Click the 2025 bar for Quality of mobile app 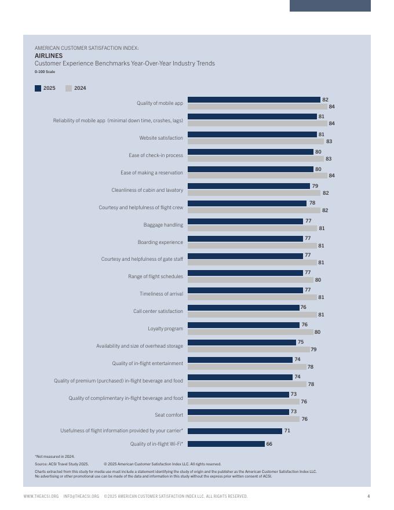(254, 100)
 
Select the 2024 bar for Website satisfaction (256, 141)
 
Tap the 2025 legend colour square (38, 89)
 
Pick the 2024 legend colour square (68, 89)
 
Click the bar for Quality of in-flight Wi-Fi (226, 444)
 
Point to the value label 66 (269, 444)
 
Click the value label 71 (287, 431)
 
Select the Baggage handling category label (163, 225)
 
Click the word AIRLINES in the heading (49, 56)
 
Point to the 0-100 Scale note (45, 72)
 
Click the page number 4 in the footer (369, 496)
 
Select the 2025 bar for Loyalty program (243, 325)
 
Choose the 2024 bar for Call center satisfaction (252, 315)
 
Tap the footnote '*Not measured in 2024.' (54, 457)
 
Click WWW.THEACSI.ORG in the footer (41, 496)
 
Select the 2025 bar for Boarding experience (245, 239)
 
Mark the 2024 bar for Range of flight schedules (250, 280)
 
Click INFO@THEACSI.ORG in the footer (81, 496)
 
